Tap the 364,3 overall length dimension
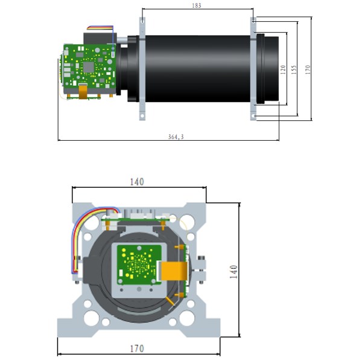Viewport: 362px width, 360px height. pos(176,138)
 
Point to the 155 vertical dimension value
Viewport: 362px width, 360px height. pos(294,69)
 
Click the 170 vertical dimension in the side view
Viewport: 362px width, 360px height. pos(308,69)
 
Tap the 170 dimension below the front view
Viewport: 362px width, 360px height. pos(137,349)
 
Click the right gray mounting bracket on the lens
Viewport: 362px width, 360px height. pos(254,69)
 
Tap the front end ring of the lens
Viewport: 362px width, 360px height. pos(270,68)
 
